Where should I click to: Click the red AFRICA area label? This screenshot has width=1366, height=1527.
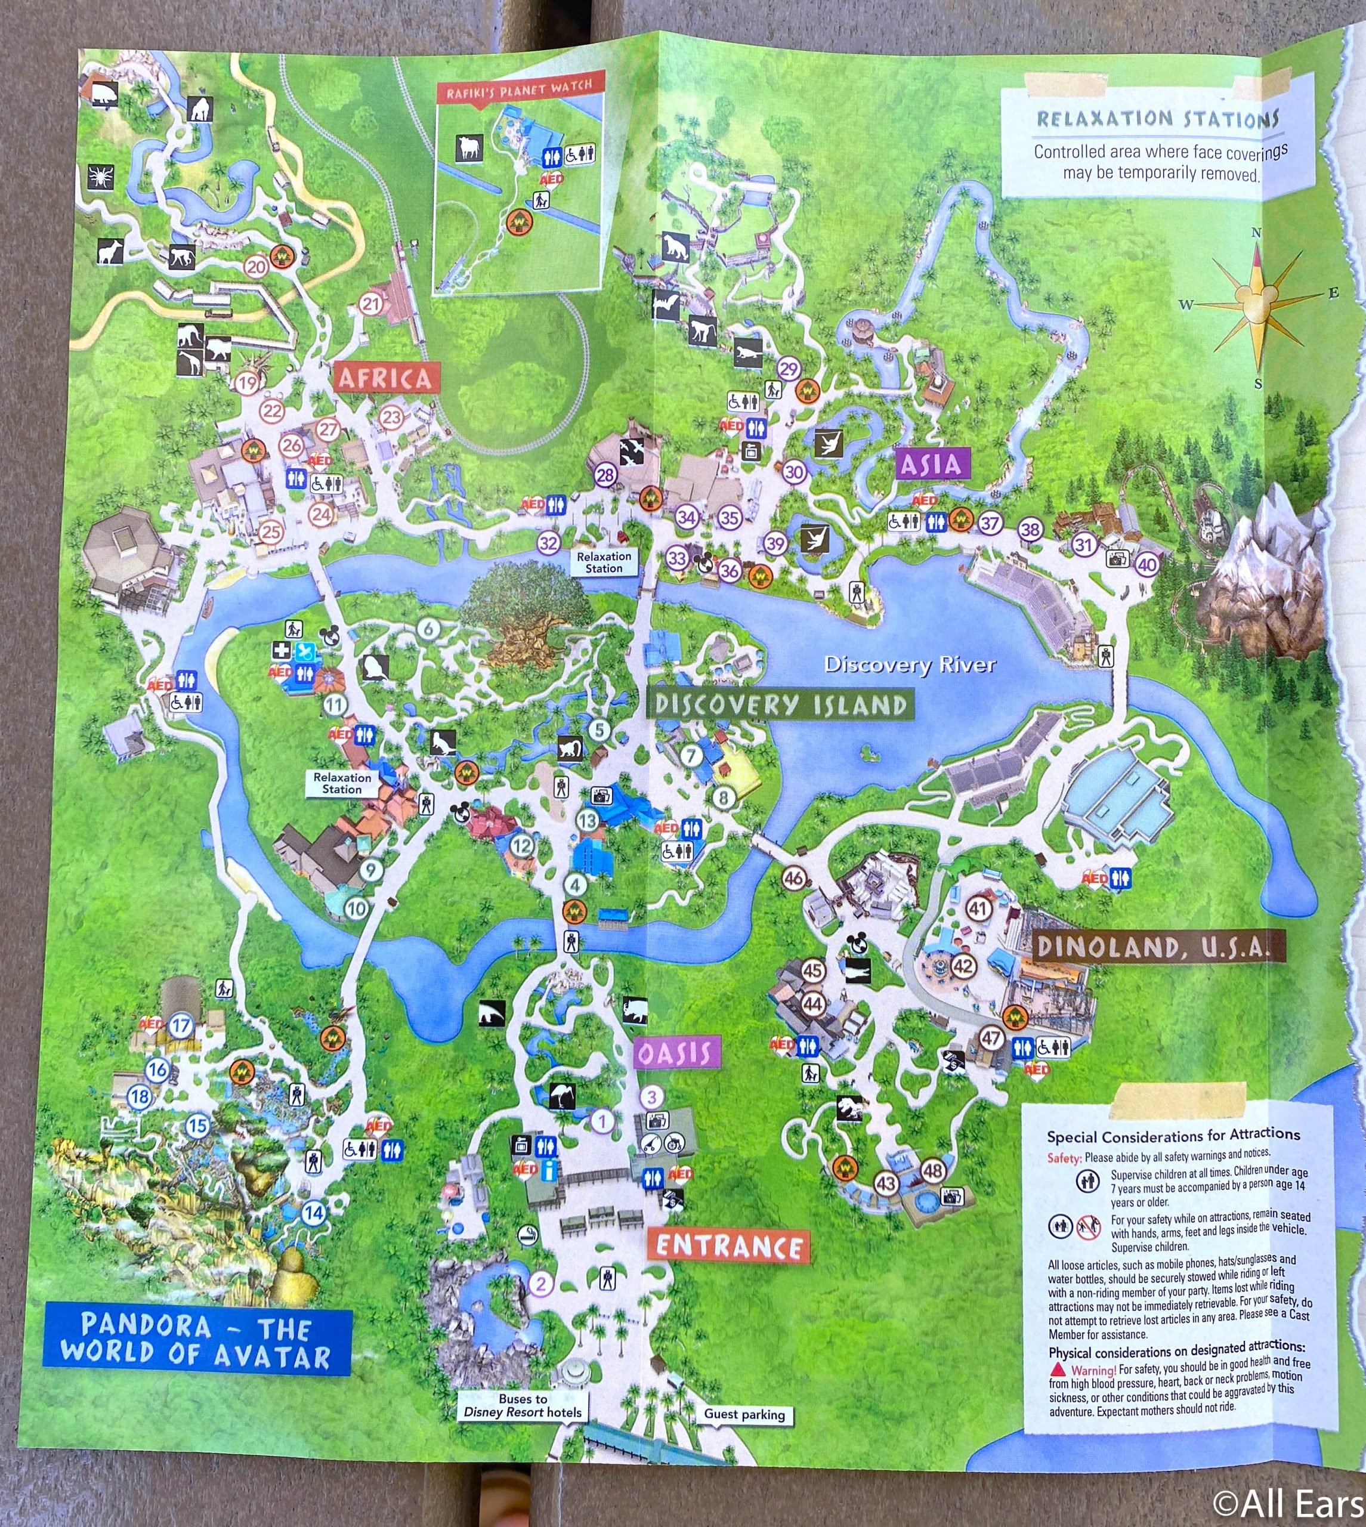pyautogui.click(x=385, y=378)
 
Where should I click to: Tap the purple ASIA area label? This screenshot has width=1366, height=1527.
pyautogui.click(x=931, y=465)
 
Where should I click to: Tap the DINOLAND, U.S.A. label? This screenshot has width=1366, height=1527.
pyautogui.click(x=1158, y=948)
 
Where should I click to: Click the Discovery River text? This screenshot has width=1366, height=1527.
pyautogui.click(x=910, y=664)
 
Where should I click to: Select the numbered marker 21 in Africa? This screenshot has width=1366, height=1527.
pyautogui.click(x=372, y=304)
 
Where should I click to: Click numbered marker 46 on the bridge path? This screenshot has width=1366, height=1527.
pyautogui.click(x=794, y=878)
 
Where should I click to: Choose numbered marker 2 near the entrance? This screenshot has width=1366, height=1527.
pyautogui.click(x=541, y=1284)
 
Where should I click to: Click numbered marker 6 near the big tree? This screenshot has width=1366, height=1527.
pyautogui.click(x=428, y=628)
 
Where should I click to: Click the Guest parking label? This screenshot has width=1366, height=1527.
pyautogui.click(x=744, y=1414)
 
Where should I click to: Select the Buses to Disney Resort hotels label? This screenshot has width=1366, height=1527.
pyautogui.click(x=523, y=1405)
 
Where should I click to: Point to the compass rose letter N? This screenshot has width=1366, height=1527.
pyautogui.click(x=1256, y=233)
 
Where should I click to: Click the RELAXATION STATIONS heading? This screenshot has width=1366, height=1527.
pyautogui.click(x=1157, y=119)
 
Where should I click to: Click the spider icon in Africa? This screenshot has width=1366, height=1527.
pyautogui.click(x=100, y=177)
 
